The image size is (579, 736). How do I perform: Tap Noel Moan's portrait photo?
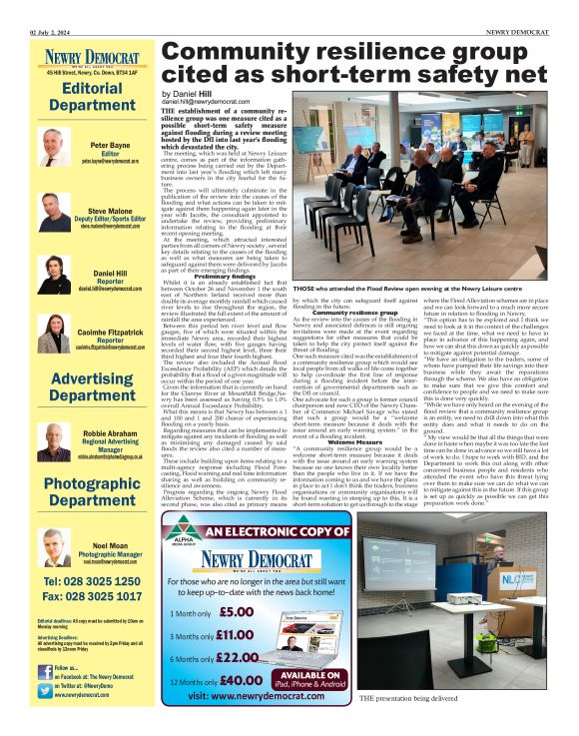coord(54,545)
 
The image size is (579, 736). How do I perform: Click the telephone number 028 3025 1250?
coord(91,581)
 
